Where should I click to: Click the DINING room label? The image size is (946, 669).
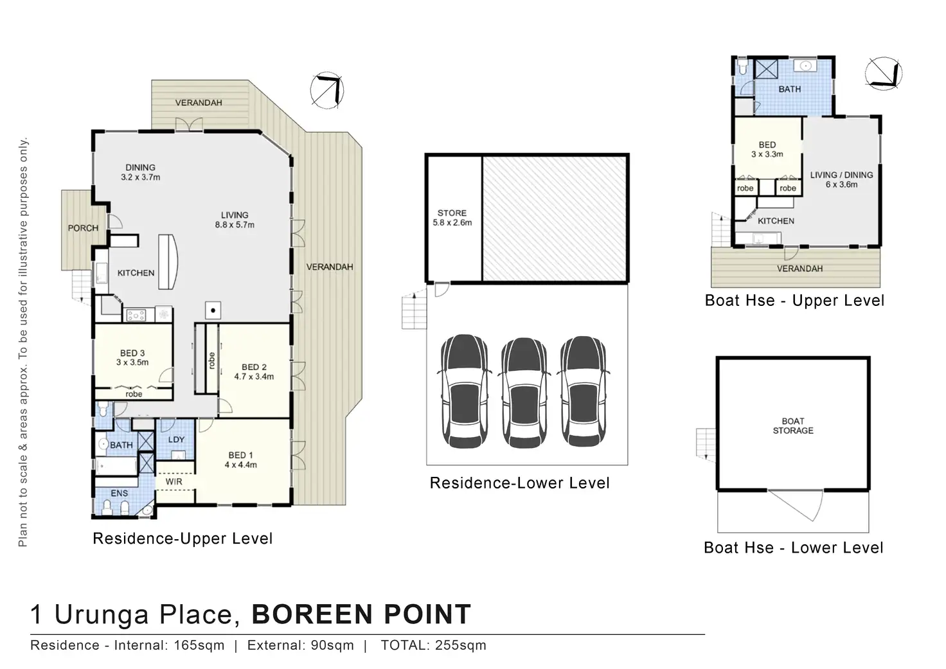tap(140, 168)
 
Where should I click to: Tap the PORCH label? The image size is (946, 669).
tap(83, 228)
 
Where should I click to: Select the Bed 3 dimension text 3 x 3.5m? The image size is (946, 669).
tap(132, 362)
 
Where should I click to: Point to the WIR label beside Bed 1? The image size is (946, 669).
tap(174, 481)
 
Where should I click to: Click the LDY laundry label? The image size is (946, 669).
tap(176, 440)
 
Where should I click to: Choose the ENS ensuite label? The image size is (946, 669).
tap(119, 494)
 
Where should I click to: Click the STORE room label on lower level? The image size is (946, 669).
tap(452, 213)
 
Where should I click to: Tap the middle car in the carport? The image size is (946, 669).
tap(524, 393)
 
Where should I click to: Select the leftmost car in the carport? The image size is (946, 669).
tap(465, 391)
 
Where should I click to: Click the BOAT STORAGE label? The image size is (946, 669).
tap(792, 425)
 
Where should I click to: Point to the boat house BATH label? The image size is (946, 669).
tap(789, 89)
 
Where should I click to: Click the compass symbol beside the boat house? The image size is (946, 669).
tap(883, 74)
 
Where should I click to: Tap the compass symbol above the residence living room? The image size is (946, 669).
tap(327, 90)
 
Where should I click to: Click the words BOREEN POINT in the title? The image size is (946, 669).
tap(362, 614)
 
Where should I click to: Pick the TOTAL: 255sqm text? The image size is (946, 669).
tap(433, 645)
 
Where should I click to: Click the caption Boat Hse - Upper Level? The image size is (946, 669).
tap(794, 301)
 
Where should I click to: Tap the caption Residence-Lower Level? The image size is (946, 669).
tap(519, 483)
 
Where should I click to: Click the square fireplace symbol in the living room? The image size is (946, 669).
tap(213, 310)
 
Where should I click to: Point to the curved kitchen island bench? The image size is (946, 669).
tap(168, 262)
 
